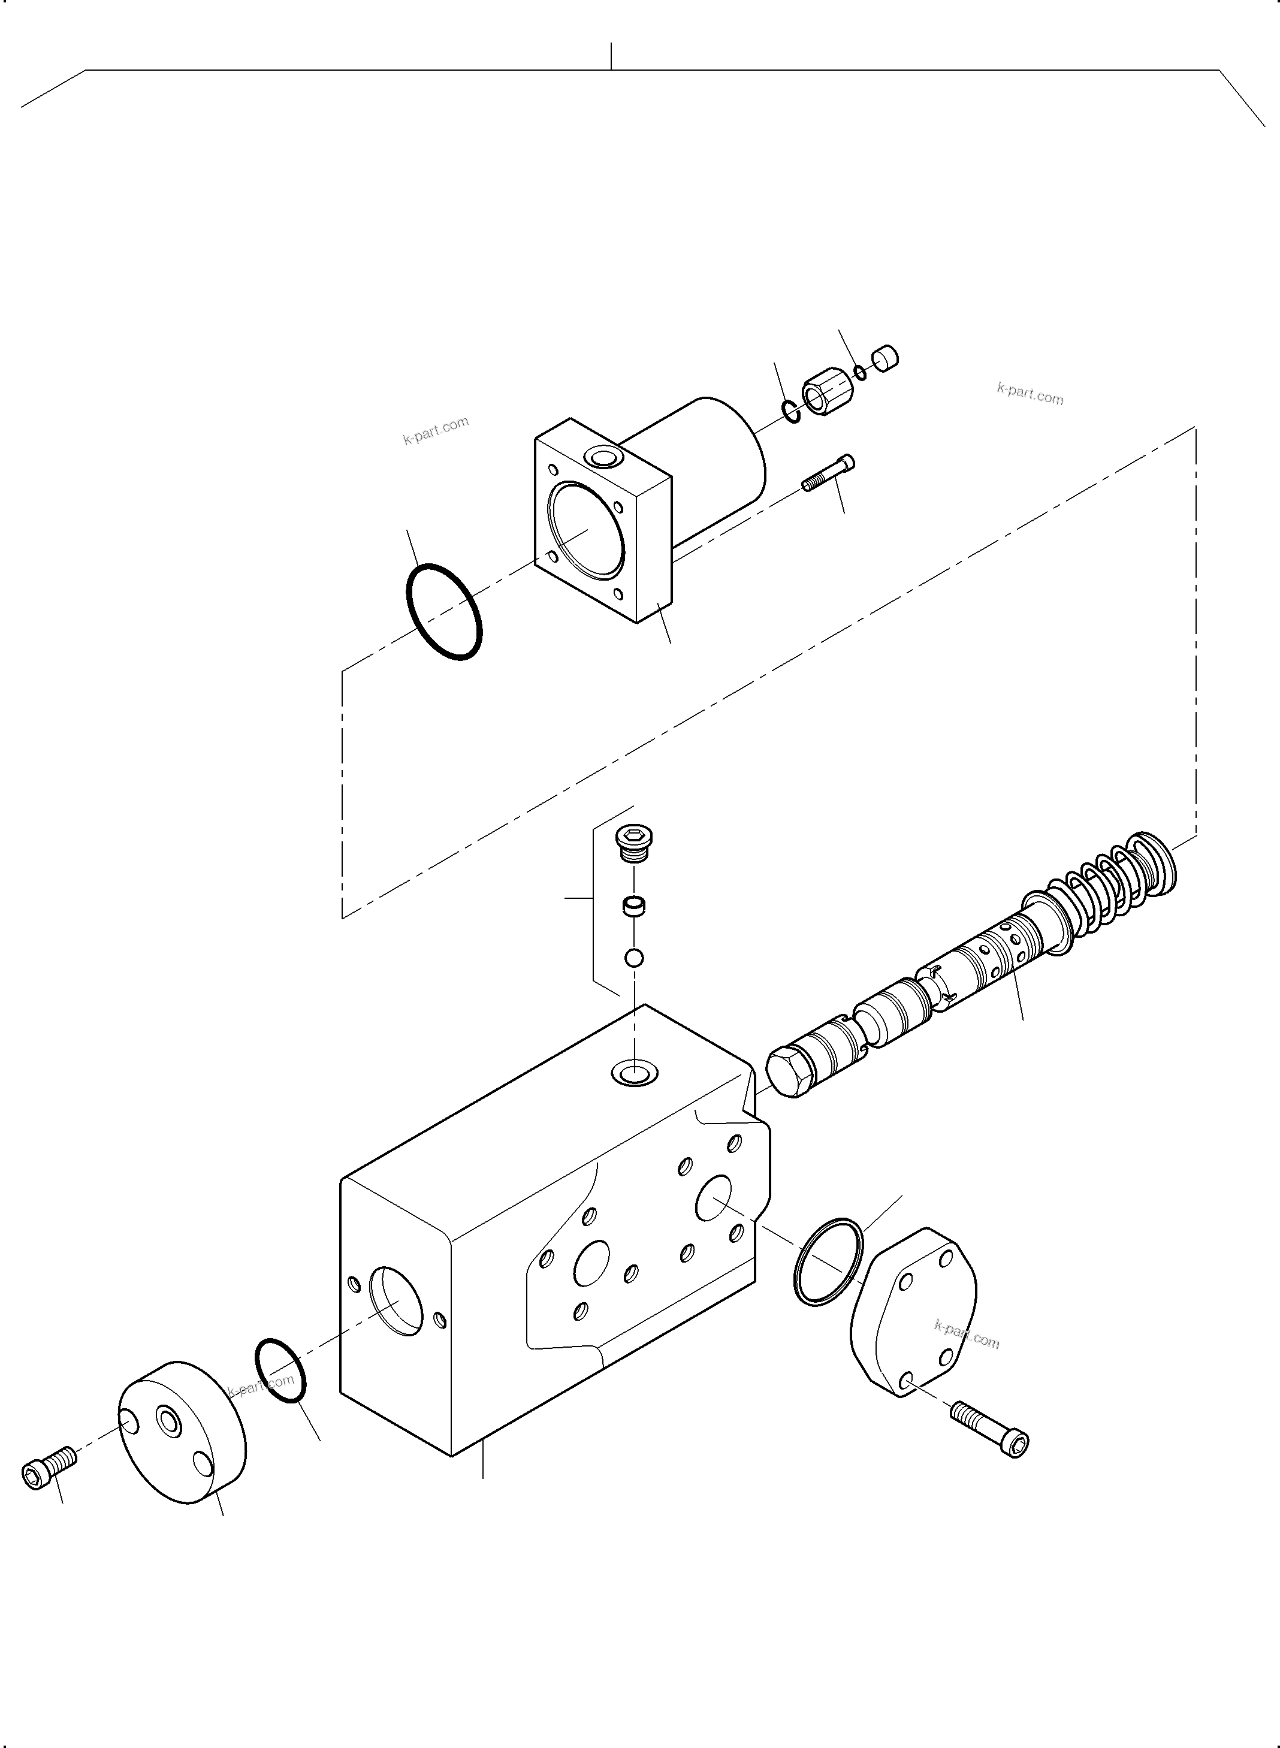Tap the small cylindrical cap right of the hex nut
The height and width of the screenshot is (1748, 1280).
(885, 358)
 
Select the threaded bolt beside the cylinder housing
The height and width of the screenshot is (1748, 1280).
(828, 473)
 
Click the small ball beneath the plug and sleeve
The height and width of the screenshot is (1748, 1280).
(634, 958)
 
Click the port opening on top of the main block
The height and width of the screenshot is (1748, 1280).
(634, 1073)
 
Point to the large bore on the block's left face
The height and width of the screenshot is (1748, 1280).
(397, 1302)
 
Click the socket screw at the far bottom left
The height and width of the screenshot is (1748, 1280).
(48, 1465)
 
